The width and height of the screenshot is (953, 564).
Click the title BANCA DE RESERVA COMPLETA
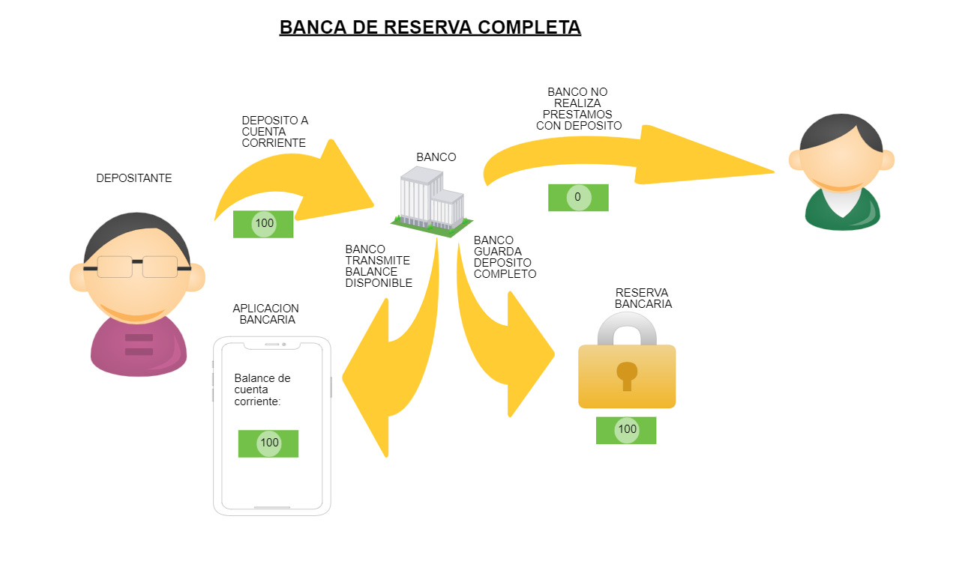430,27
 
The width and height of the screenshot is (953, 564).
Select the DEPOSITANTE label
134,178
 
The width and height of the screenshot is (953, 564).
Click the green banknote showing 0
577,198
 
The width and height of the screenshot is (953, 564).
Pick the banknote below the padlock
626,430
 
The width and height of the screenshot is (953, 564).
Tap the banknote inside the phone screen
268,443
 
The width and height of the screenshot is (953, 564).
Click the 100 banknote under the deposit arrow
263,224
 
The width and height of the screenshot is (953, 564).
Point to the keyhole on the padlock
626,375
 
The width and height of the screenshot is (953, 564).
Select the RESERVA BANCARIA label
643,298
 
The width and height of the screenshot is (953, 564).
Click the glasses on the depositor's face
137,267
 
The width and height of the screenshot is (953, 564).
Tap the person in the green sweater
841,174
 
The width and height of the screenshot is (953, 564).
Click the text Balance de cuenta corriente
262,389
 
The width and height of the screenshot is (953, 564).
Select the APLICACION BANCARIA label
266,314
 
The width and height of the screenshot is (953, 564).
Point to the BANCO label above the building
436,157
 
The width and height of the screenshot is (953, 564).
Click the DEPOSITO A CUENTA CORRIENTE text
274,131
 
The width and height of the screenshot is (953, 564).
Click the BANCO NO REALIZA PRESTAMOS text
578,109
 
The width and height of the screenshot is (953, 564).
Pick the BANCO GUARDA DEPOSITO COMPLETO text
505,257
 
